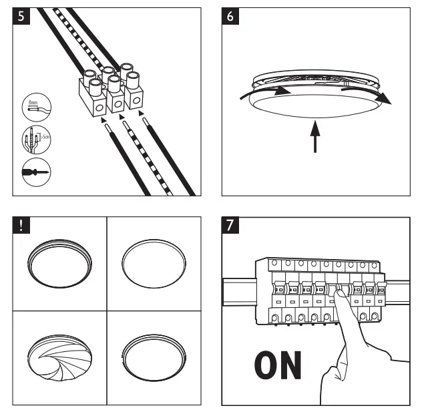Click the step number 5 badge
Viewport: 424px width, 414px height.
pos(22,16)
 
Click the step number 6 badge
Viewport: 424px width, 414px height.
pos(231,16)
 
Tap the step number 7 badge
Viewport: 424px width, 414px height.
pos(231,226)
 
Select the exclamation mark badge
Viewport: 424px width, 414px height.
pos(22,226)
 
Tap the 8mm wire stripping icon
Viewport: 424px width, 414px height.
pos(32,106)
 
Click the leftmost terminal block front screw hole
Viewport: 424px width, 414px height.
pos(97,107)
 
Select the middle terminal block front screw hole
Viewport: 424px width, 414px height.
pos(116,103)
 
